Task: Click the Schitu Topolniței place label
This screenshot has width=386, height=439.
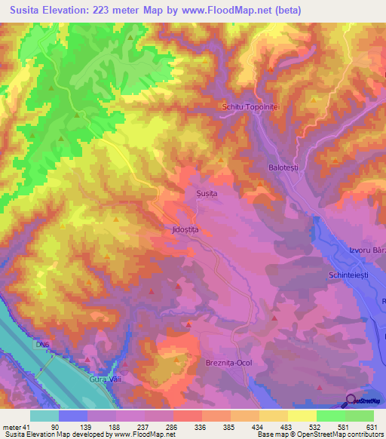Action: coord(251,108)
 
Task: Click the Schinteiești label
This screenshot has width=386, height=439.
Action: coord(348,277)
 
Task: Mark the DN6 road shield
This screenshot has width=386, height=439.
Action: coord(40,345)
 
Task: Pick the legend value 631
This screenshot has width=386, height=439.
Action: coord(370,425)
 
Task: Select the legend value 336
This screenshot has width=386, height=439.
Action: coord(200,425)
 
